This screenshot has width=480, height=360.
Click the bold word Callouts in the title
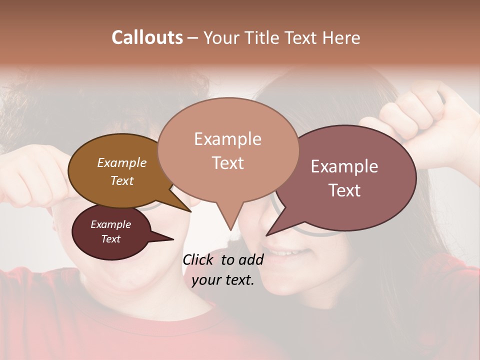pyautogui.click(x=147, y=37)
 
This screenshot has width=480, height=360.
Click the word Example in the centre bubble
pyautogui.click(x=227, y=139)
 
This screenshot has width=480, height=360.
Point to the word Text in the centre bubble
pyautogui.click(x=227, y=163)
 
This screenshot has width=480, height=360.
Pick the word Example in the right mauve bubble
pyautogui.click(x=344, y=166)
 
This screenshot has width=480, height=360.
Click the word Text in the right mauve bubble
pyautogui.click(x=344, y=190)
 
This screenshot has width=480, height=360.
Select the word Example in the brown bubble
pyautogui.click(x=122, y=162)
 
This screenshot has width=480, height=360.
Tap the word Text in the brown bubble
pyautogui.click(x=122, y=180)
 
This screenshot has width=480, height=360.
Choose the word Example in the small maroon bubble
pyautogui.click(x=111, y=224)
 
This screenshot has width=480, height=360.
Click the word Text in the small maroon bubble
pyautogui.click(x=111, y=239)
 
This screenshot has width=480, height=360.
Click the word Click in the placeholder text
pyautogui.click(x=198, y=259)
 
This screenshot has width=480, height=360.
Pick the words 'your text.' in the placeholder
pyautogui.click(x=223, y=280)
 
